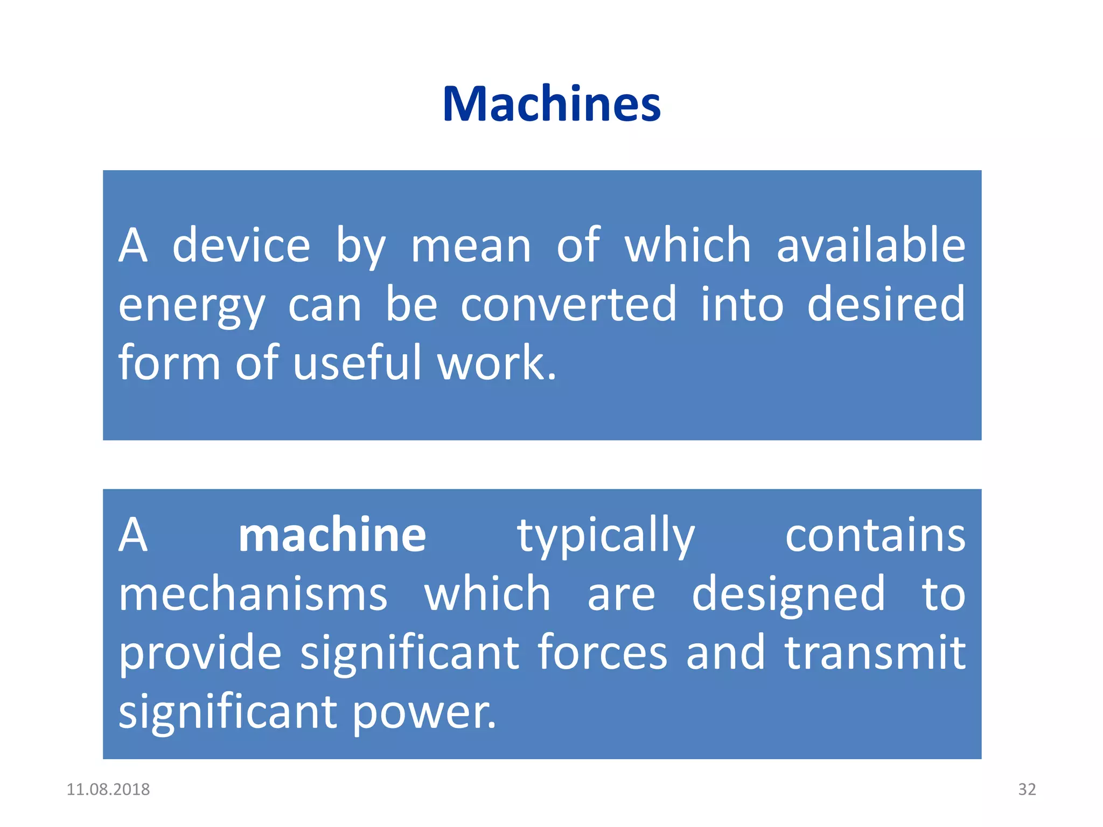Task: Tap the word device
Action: (241, 246)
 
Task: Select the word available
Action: (871, 246)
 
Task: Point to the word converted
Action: (568, 304)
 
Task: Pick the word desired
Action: (886, 304)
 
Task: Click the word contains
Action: (875, 536)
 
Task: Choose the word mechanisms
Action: (253, 594)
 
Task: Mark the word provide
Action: (200, 654)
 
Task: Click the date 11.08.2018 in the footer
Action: (108, 789)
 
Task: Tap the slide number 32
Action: (1027, 789)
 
